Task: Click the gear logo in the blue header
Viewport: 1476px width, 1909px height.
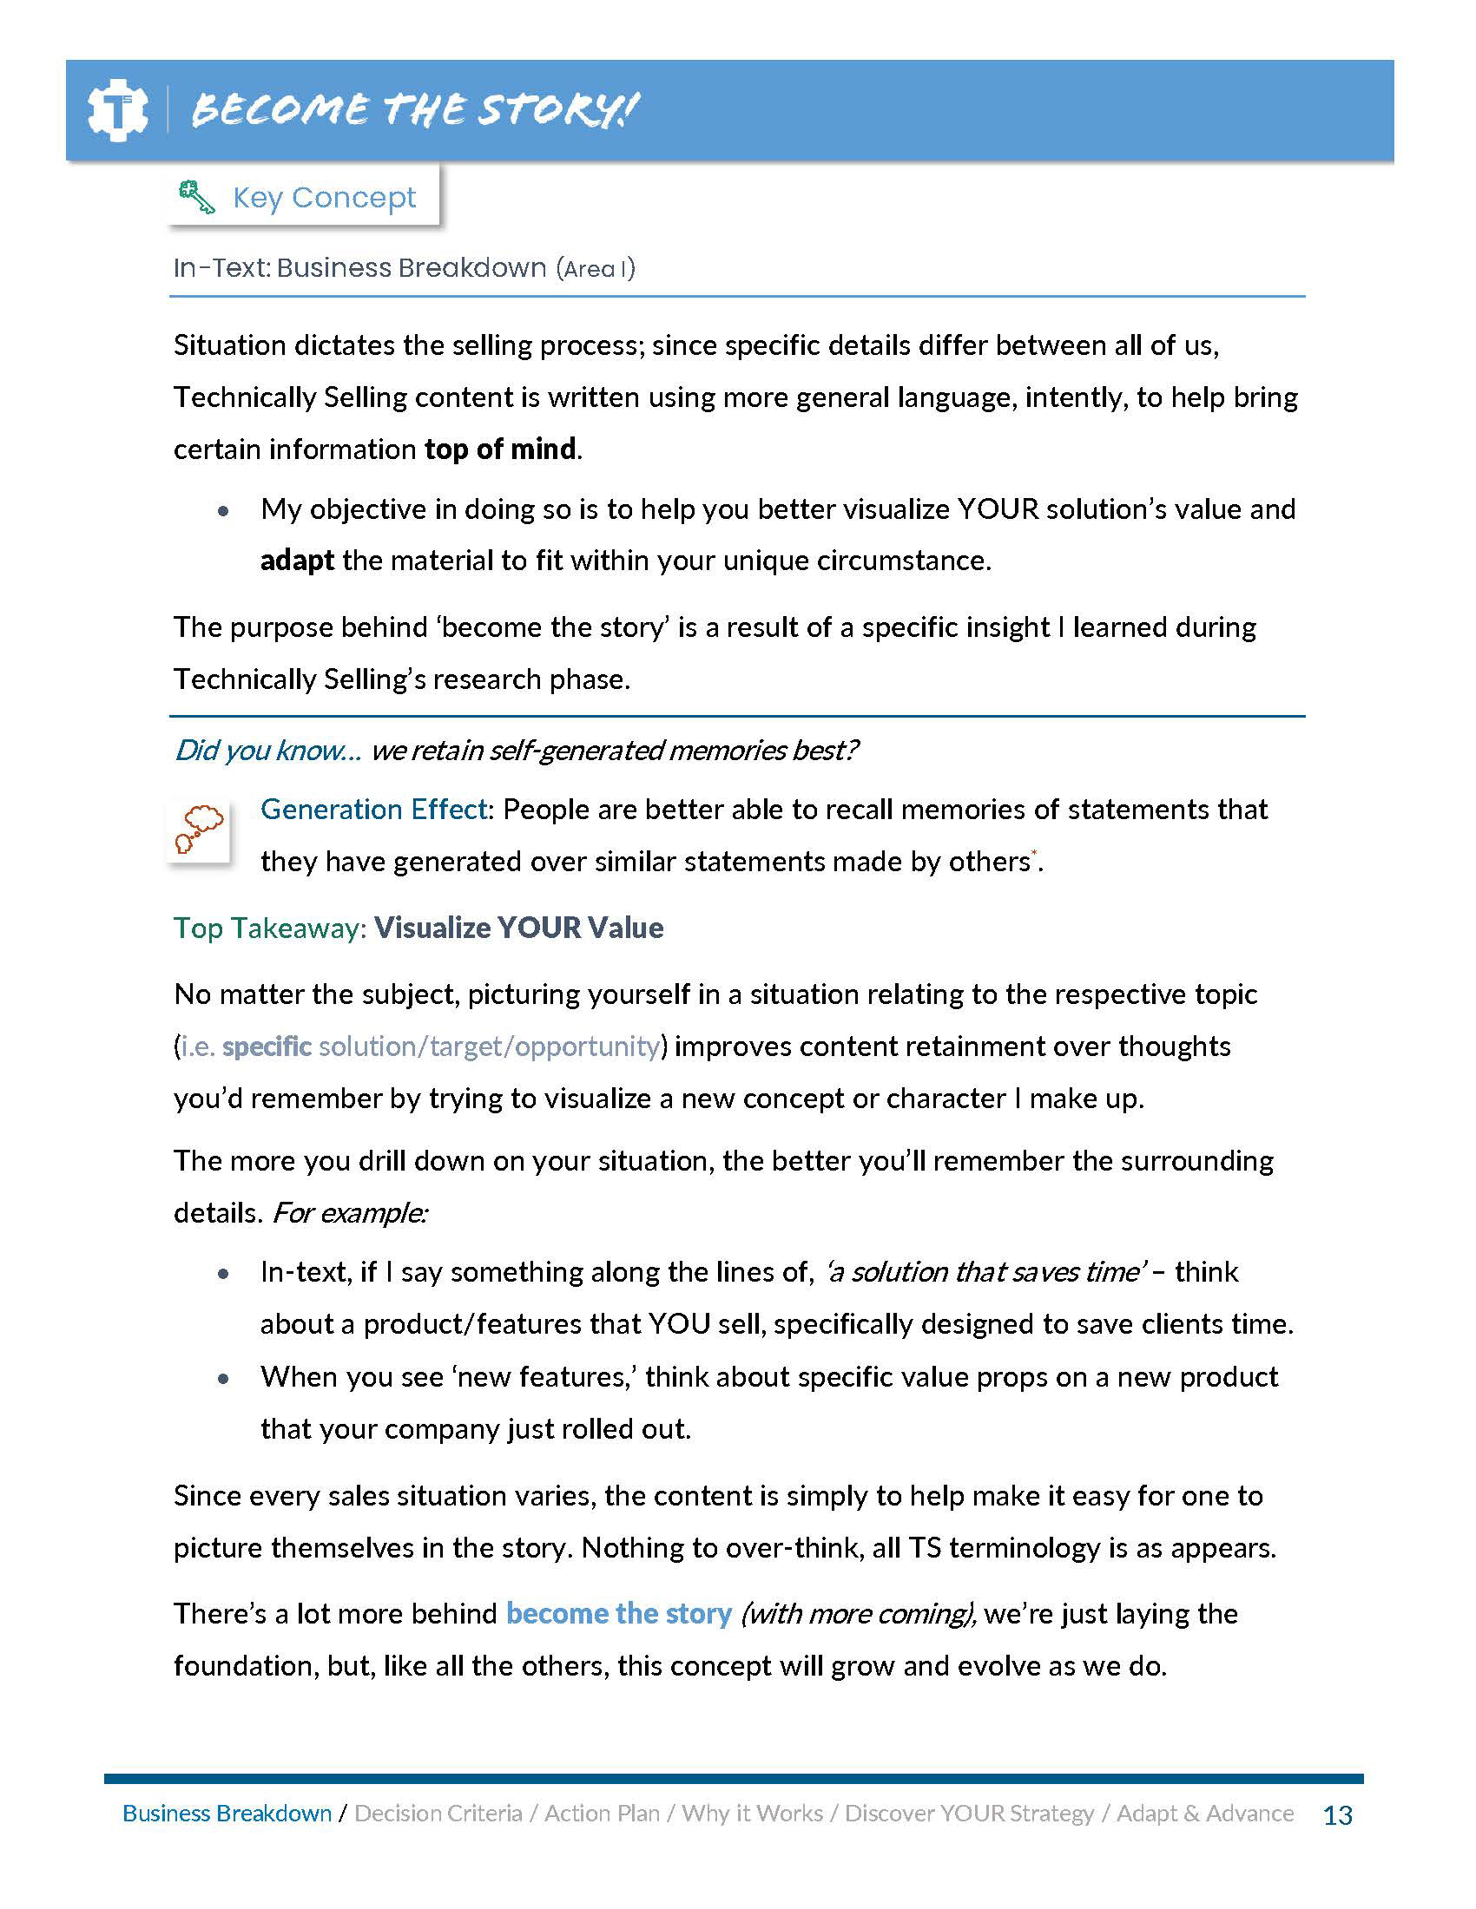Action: (x=117, y=110)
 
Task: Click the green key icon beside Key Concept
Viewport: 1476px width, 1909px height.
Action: (x=196, y=197)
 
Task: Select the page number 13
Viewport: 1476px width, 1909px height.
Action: (x=1338, y=1815)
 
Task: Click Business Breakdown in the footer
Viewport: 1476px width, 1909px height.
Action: (x=227, y=1814)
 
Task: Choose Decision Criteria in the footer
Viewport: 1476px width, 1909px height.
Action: (x=438, y=1814)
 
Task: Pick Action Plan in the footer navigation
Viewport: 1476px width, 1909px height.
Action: (x=602, y=1814)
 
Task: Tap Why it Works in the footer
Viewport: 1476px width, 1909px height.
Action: (x=752, y=1814)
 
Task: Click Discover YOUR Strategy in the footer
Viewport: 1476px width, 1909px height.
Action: (x=969, y=1814)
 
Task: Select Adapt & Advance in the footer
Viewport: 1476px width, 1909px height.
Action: (x=1205, y=1814)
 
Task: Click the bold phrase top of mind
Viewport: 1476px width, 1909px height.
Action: (x=500, y=449)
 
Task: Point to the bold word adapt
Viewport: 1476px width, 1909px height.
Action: (x=297, y=561)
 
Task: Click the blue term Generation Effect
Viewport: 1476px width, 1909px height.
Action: (x=373, y=810)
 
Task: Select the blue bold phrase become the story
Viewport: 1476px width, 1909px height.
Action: (x=618, y=1614)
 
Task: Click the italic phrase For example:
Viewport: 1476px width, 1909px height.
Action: (x=350, y=1213)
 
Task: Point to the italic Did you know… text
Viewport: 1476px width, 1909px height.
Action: (x=267, y=751)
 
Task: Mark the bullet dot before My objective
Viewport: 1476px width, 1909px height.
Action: (x=224, y=511)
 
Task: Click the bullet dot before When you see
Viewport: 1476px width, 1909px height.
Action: (x=224, y=1379)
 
